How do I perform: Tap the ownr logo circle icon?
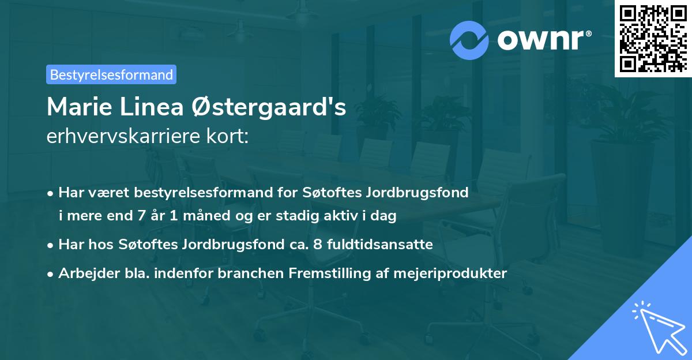[x=469, y=40]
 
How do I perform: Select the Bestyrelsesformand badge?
[x=111, y=74]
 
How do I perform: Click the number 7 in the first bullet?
[x=142, y=216]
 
